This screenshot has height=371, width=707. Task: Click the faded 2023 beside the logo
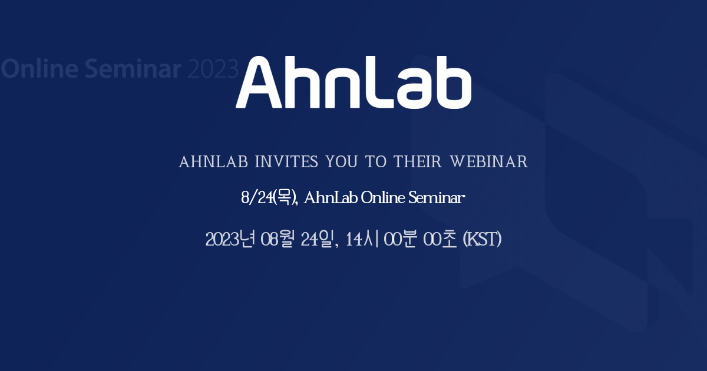coord(213,69)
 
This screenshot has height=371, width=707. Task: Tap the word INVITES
coord(286,162)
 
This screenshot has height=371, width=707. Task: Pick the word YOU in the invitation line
coord(343,162)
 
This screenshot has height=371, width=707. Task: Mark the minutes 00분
coord(401,240)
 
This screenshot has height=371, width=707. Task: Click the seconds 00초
coord(440,240)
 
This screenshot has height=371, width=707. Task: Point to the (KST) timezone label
coord(482,240)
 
